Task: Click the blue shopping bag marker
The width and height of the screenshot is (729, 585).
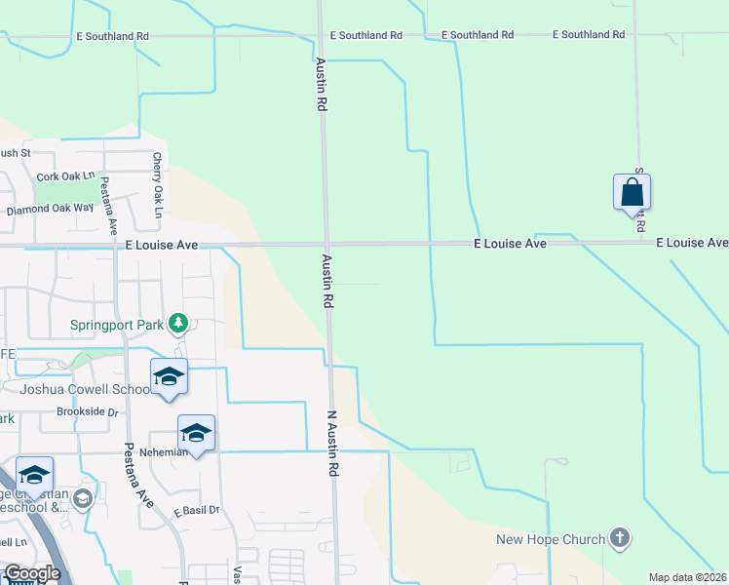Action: point(632,192)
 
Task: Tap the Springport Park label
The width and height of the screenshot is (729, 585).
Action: point(117,325)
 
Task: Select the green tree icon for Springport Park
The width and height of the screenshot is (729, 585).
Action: point(177,322)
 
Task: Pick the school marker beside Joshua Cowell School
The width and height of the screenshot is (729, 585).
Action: point(169,376)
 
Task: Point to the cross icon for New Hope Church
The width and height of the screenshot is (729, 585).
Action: point(618,537)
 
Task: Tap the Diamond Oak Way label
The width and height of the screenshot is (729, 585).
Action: point(50,209)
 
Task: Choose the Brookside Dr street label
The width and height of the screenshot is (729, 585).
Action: point(87,412)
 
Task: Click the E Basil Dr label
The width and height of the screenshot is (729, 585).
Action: point(197,510)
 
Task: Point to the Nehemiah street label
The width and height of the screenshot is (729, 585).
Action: point(162,452)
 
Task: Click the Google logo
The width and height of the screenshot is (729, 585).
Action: point(32,573)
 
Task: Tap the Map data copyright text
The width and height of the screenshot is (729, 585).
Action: point(688,577)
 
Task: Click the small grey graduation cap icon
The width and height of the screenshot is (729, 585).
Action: point(83,500)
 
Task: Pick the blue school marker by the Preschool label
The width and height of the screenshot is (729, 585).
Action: point(34,475)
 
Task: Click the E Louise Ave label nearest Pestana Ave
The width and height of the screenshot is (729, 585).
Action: point(162,247)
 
